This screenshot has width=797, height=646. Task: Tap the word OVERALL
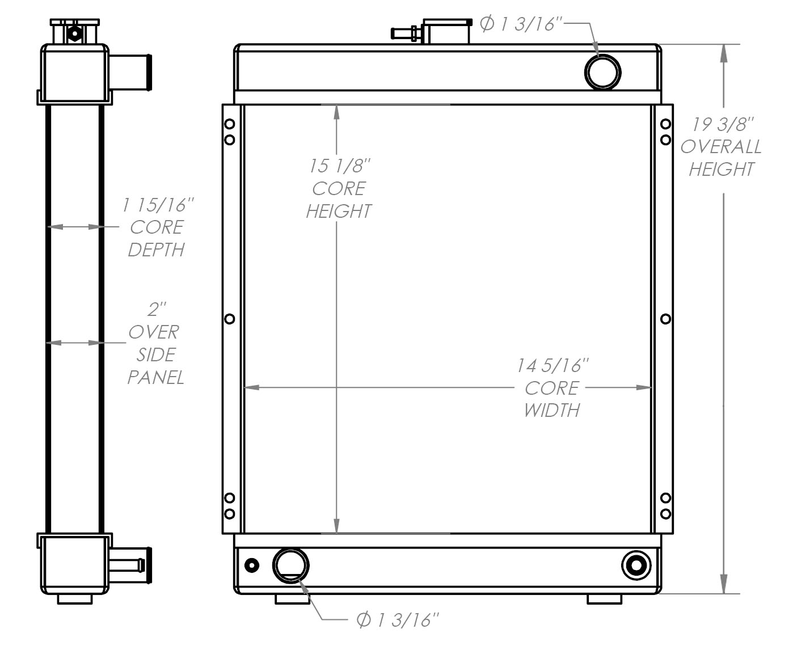coord(721,147)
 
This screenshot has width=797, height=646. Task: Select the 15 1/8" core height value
coord(339,166)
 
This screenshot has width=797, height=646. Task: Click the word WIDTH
coord(551,410)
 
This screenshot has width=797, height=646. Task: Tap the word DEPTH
coord(156,250)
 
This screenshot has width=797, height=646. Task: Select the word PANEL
coord(155,377)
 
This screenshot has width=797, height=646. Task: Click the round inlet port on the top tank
coord(602,72)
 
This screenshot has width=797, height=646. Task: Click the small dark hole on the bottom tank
coord(251,565)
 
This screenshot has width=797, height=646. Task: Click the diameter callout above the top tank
coord(520,24)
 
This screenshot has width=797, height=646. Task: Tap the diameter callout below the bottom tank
coord(398,620)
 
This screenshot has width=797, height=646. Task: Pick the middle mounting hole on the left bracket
coord(230,319)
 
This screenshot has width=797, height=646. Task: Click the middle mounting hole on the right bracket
coord(666,319)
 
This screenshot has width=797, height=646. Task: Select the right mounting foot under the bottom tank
coord(604,598)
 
